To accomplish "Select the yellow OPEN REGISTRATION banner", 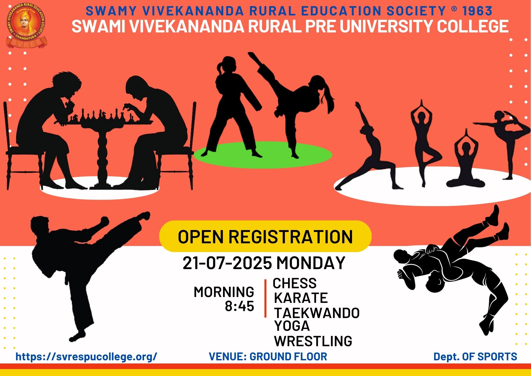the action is (x=265, y=236).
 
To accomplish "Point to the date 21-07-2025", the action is (x=227, y=263).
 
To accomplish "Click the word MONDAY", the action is (x=311, y=263).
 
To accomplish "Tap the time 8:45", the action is (x=239, y=306).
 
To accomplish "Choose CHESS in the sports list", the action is (x=295, y=283).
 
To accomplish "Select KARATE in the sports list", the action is (x=301, y=298).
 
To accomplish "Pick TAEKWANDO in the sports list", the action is (x=317, y=313).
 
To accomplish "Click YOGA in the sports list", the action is (x=292, y=326).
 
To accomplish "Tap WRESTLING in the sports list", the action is (x=313, y=341).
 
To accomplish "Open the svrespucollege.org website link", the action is (x=87, y=357).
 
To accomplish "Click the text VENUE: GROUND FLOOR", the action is (x=268, y=357).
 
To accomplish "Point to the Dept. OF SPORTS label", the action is (x=475, y=357).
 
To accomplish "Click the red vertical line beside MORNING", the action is (x=265, y=298).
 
